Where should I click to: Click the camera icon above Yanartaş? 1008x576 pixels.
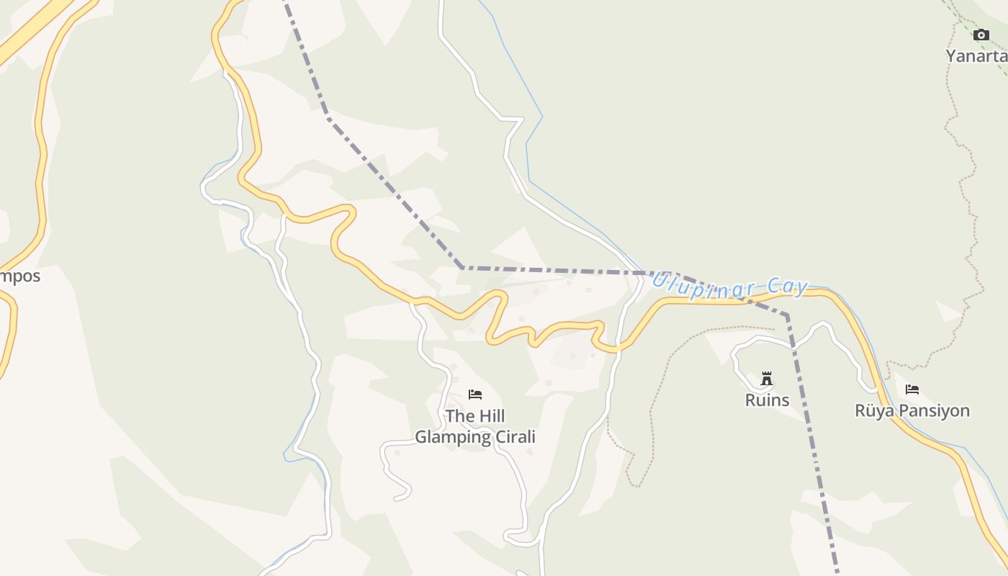[x=981, y=35]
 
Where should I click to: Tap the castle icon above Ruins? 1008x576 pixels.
[x=767, y=379]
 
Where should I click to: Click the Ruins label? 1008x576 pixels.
[x=767, y=400]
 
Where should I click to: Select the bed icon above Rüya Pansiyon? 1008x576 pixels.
[x=912, y=390]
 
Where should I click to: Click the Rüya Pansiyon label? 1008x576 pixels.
[x=912, y=411]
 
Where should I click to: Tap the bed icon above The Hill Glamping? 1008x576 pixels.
[x=474, y=395]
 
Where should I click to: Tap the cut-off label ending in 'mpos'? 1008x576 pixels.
[x=19, y=276]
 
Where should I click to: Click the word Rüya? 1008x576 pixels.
[x=873, y=411]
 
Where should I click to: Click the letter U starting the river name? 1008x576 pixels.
[x=658, y=279]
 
